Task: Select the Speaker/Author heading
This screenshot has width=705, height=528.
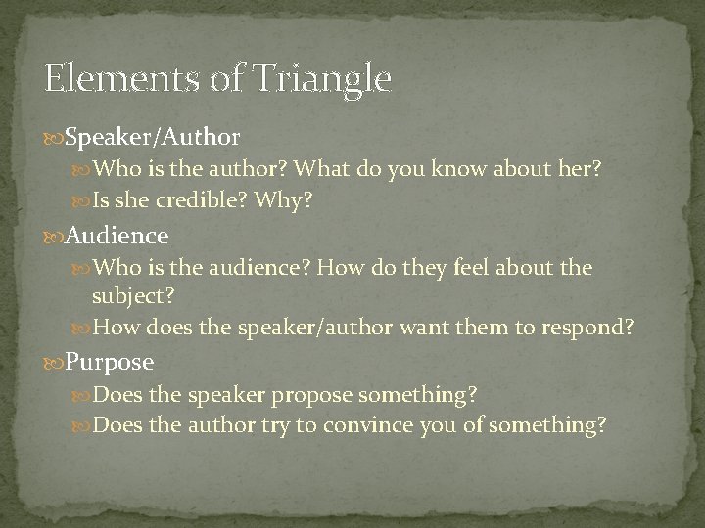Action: [x=152, y=133]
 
